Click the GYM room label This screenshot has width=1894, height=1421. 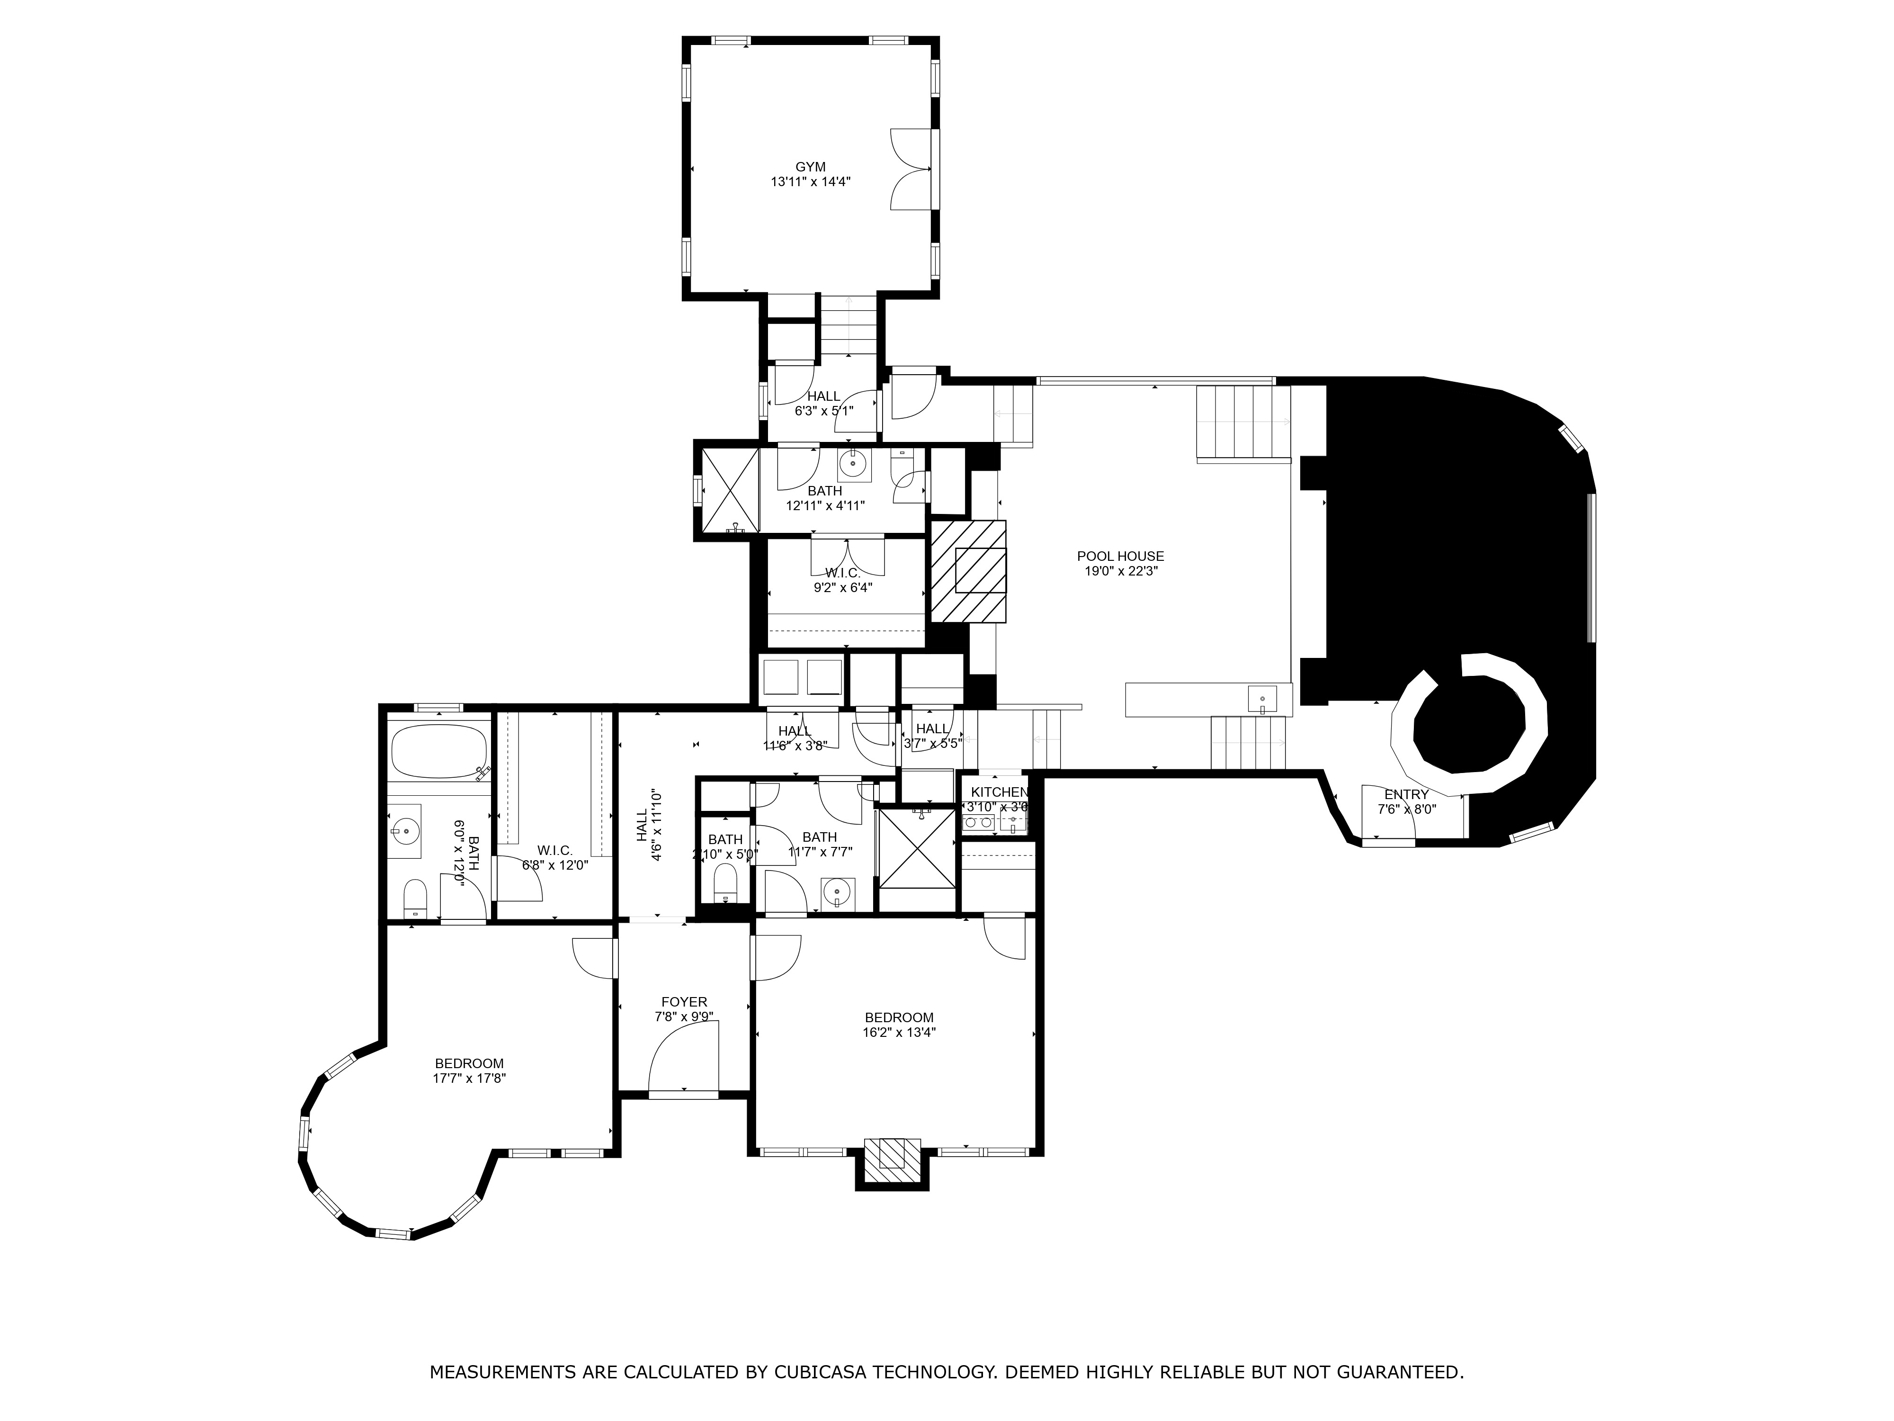click(x=810, y=167)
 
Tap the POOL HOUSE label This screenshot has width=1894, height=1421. click(x=1120, y=556)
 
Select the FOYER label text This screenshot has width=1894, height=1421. click(x=684, y=1001)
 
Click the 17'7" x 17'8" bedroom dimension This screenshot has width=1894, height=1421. click(x=469, y=1079)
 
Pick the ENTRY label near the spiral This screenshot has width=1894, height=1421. click(x=1406, y=794)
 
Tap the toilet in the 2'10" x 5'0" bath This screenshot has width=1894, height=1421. click(x=725, y=882)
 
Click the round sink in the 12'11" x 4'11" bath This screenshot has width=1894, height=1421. click(x=853, y=464)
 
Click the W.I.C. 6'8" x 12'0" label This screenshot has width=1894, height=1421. click(x=555, y=850)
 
